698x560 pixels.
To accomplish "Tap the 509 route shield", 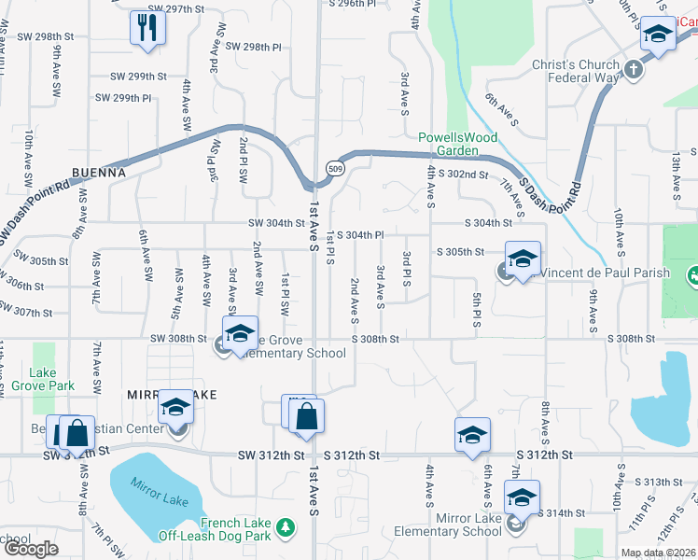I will click(333, 167).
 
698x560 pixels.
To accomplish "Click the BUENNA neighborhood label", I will click(97, 173).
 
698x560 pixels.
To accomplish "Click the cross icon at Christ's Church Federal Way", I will click(634, 69).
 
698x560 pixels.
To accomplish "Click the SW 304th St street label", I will click(276, 223).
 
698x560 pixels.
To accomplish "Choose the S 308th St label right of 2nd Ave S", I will click(375, 340).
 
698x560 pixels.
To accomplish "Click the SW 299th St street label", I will click(138, 77).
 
